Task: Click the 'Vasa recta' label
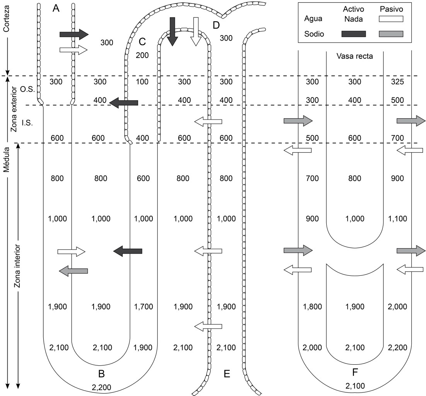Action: coord(355,56)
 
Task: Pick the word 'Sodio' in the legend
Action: coord(314,34)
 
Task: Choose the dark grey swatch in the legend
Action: coord(354,34)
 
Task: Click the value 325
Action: coord(397,82)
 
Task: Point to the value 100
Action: coord(142,82)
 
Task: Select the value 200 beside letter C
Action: coord(142,55)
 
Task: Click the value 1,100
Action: coord(397,218)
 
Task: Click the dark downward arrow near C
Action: coord(172,32)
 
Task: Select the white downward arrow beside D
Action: coord(196,32)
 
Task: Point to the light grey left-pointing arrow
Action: coord(74,271)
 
